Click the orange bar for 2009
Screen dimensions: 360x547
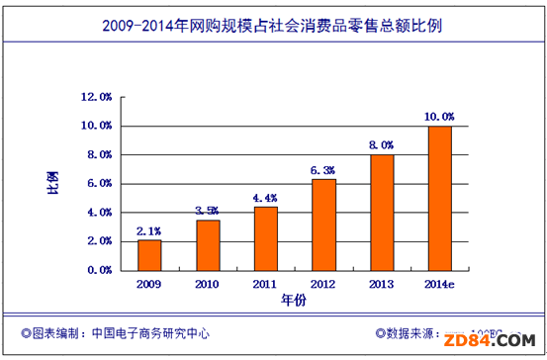(x=148, y=254)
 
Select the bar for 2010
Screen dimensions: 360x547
(x=207, y=244)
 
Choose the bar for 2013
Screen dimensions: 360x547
(x=382, y=212)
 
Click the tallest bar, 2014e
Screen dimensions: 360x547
(x=440, y=198)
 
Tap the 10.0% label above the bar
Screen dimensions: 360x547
(x=440, y=117)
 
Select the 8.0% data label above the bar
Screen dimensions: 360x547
(x=382, y=145)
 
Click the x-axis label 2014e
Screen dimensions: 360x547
(x=440, y=284)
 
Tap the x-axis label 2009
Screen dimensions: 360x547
(x=148, y=284)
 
